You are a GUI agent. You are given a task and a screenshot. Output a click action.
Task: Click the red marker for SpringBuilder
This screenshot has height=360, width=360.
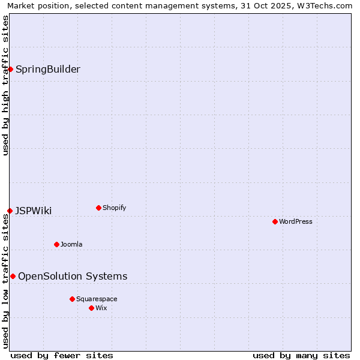coord(10,69)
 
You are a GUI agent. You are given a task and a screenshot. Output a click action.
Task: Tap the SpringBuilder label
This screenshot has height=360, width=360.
coord(48,69)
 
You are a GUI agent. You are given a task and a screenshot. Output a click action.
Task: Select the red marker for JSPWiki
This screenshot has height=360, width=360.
coord(10,211)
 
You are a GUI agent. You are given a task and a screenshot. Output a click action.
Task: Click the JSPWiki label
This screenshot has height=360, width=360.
coord(34,211)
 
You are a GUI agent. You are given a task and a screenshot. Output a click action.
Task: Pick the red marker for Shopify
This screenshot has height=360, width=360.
coord(98,208)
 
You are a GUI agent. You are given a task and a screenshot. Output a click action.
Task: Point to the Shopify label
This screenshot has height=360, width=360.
coord(115,208)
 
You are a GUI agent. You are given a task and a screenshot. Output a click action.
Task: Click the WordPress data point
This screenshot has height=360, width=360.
coord(275,221)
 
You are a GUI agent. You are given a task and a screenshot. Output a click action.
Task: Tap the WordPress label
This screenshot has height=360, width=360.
coord(296,221)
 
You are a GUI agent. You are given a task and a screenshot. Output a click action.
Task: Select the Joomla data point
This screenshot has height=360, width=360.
coord(56,244)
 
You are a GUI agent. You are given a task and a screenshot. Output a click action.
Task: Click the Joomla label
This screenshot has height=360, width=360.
coord(71,244)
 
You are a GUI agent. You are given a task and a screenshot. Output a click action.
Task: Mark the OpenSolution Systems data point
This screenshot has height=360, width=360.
coord(13,276)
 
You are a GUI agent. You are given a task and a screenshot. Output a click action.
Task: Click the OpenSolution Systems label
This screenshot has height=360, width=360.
coord(73,276)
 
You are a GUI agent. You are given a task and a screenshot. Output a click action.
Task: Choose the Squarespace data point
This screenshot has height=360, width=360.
coord(72,299)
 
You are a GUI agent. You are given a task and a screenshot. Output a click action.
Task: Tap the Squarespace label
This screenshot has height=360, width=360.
coord(97,299)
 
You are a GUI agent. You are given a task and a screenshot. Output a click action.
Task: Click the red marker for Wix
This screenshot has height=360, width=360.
coord(91,308)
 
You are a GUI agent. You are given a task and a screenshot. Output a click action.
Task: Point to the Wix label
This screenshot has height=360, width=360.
coord(101,308)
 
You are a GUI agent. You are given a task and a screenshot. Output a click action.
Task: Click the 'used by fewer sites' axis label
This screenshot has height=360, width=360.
coord(62,355)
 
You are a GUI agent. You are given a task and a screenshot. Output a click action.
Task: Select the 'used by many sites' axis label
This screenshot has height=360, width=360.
coord(301,355)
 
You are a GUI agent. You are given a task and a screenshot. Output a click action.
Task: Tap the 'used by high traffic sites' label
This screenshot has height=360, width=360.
coord(5,85)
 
